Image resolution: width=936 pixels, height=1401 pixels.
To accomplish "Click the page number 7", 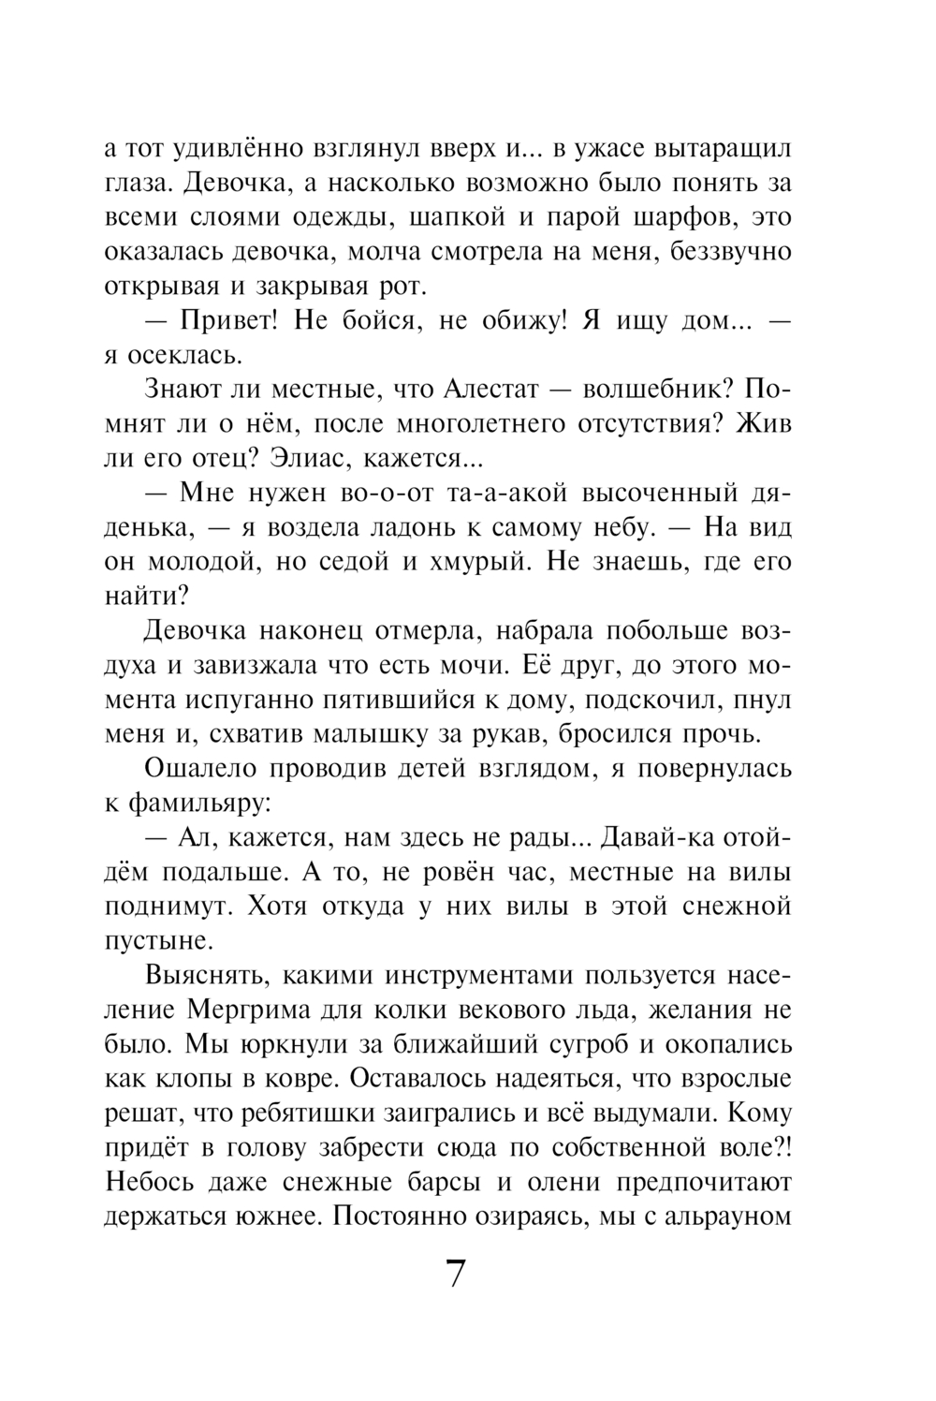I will pyautogui.click(x=455, y=1275).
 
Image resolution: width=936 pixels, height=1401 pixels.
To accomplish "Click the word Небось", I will pyautogui.click(x=154, y=1182).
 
